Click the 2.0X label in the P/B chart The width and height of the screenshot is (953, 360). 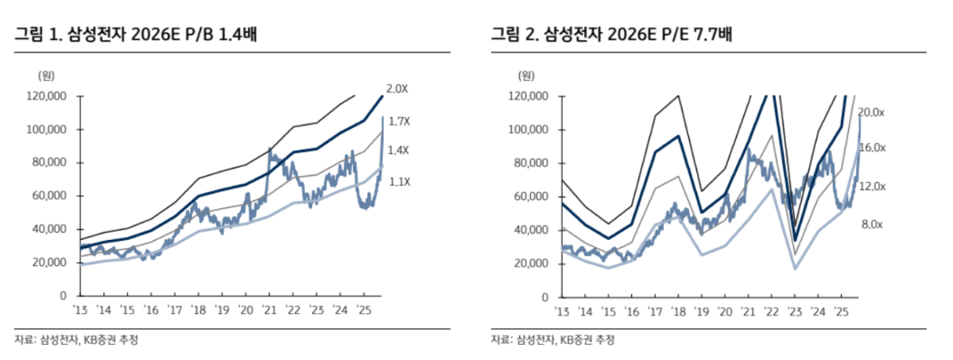[x=397, y=89]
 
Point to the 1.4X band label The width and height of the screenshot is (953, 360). [x=398, y=150]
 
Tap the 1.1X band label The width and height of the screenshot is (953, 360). [x=398, y=182]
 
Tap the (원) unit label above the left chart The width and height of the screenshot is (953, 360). [x=45, y=76]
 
